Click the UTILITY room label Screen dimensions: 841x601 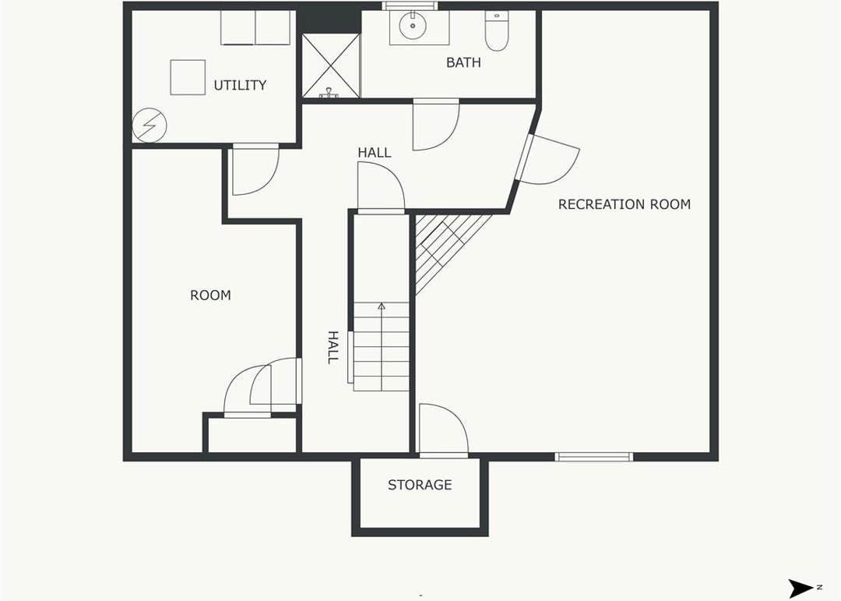point(240,86)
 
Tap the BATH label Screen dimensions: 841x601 point(463,63)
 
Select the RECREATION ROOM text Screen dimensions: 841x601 point(625,205)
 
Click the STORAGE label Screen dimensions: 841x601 point(420,485)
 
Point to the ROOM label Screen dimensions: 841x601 point(210,295)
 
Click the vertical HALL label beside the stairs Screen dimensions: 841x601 point(333,348)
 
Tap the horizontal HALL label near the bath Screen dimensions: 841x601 point(375,153)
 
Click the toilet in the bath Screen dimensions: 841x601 point(496,31)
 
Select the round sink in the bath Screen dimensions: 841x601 point(413,25)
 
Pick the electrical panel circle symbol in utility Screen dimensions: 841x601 point(149,126)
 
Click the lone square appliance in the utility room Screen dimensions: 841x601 point(188,77)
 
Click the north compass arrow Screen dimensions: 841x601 point(801,587)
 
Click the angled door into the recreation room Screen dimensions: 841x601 point(547,159)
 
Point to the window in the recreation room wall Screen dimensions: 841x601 point(593,457)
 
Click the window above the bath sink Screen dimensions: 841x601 point(410,6)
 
